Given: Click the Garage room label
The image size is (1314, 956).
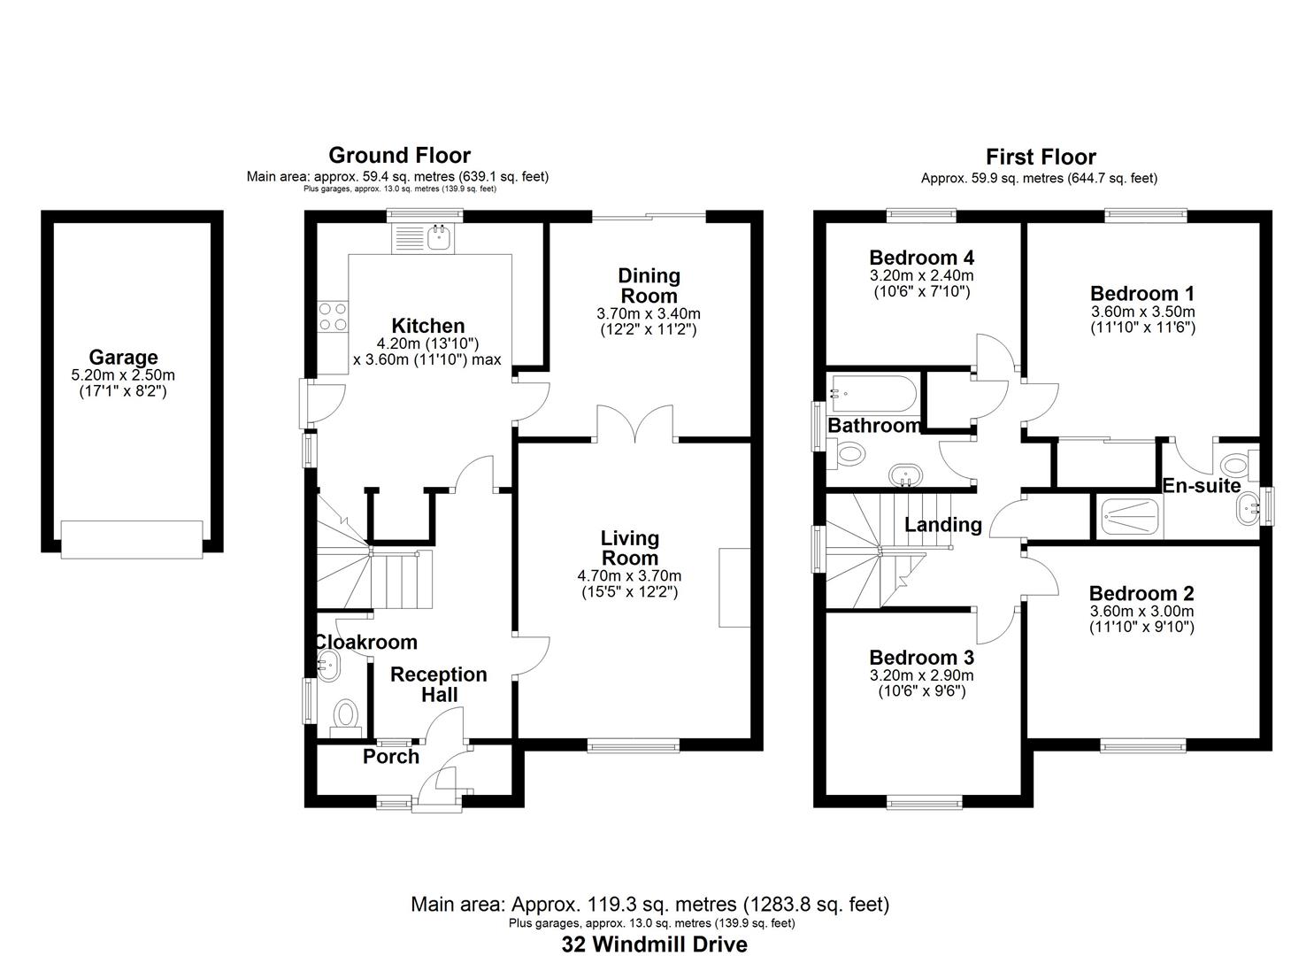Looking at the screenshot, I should (x=123, y=358).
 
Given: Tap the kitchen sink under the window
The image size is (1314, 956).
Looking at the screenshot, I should (x=439, y=236).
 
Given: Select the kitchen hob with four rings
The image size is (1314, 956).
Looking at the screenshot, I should (x=333, y=317).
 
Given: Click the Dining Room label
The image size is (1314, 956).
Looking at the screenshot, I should (x=649, y=286).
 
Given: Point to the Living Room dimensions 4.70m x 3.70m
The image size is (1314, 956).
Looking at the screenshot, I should (x=629, y=576).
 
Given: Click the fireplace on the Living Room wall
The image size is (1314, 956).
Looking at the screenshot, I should (x=734, y=588).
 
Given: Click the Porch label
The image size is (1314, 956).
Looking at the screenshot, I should (x=391, y=757).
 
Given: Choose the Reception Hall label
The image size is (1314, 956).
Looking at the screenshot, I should (x=439, y=684).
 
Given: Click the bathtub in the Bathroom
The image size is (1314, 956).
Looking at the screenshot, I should (x=872, y=394).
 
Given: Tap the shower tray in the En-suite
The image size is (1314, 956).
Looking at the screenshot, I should (x=1131, y=518).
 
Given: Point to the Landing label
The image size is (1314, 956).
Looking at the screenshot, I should (x=943, y=525).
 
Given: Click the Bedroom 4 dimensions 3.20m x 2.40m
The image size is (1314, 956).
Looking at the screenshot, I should (x=921, y=275).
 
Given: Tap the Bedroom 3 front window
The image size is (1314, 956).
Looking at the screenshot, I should (x=925, y=803).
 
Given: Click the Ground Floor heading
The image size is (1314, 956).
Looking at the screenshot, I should (x=399, y=156).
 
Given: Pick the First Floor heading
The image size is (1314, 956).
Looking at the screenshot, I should (x=1041, y=158).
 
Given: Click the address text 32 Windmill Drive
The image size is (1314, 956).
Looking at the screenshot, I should (x=654, y=944).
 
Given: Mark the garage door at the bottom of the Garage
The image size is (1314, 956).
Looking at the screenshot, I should (x=132, y=539).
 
